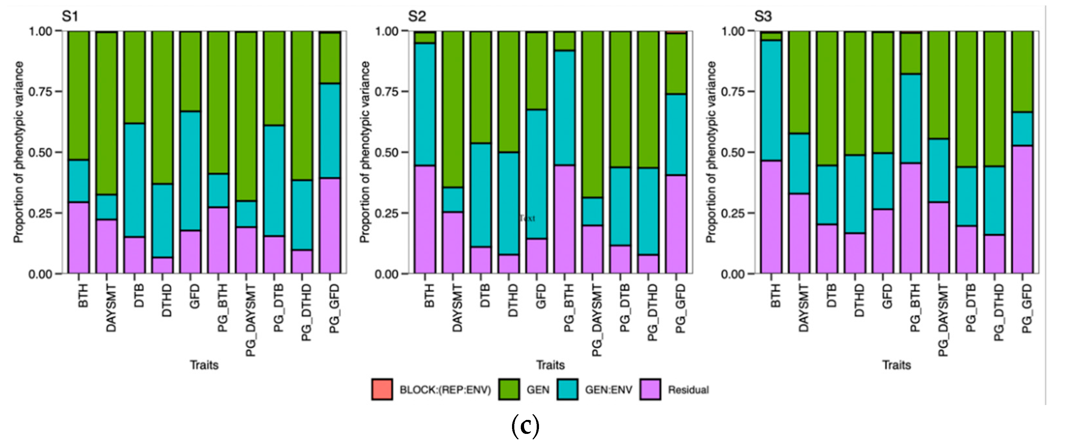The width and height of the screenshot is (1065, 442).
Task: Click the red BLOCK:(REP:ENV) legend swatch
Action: pyautogui.click(x=382, y=389)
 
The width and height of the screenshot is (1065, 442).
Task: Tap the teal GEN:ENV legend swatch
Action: pyautogui.click(x=567, y=389)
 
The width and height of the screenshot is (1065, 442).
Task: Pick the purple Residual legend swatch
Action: pyautogui.click(x=650, y=389)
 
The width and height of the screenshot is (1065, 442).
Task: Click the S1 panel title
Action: pyautogui.click(x=70, y=17)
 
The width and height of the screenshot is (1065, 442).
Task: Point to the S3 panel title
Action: pyautogui.click(x=763, y=17)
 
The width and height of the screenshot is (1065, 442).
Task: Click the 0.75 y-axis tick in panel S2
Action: pyautogui.click(x=386, y=91)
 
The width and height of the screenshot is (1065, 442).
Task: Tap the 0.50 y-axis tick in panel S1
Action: pyautogui.click(x=40, y=152)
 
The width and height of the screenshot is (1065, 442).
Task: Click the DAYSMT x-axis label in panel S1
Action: pyautogui.click(x=111, y=308)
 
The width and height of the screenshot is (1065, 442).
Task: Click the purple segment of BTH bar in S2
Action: pyautogui.click(x=425, y=219)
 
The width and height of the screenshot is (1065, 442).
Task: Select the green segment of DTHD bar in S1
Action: pyautogui.click(x=162, y=107)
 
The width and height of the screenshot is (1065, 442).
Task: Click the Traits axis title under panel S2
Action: pyautogui.click(x=550, y=365)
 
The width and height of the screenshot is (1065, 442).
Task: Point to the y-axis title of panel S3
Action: pyautogui.click(x=711, y=152)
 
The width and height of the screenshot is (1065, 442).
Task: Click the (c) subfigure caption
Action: pyautogui.click(x=525, y=426)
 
